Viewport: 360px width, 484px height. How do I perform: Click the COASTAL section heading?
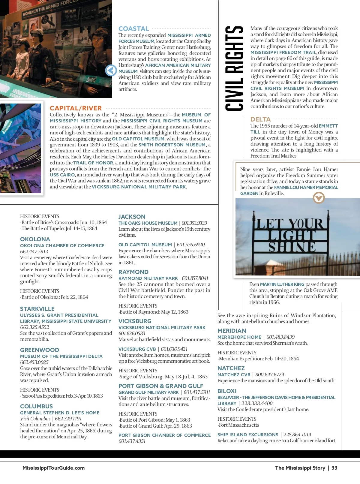pyautogui.click(x=133, y=29)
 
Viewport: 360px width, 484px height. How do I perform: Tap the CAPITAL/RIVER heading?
pyautogui.click(x=76, y=108)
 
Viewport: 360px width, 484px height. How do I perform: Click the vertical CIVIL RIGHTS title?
pyautogui.click(x=234, y=68)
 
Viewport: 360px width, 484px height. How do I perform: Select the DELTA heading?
pyautogui.click(x=260, y=119)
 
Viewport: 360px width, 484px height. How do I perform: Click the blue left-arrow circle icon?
pyautogui.click(x=111, y=71)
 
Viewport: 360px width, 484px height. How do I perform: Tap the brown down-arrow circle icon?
pyautogui.click(x=319, y=198)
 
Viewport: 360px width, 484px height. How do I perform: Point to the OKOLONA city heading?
pyautogui.click(x=35, y=239)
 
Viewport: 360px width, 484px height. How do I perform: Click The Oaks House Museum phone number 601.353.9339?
pyautogui.click(x=194, y=223)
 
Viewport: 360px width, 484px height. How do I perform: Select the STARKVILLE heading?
pyautogui.click(x=37, y=309)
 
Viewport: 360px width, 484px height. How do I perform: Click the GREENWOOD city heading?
pyautogui.click(x=40, y=350)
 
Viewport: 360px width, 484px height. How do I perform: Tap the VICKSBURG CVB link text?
pyautogui.click(x=137, y=349)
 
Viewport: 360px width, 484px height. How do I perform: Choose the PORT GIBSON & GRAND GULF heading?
pyautogui.click(x=161, y=386)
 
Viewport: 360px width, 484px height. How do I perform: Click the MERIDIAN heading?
pyautogui.click(x=232, y=331)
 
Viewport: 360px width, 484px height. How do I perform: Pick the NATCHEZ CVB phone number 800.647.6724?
pyautogui.click(x=270, y=374)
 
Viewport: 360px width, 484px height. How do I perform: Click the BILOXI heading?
pyautogui.click(x=227, y=391)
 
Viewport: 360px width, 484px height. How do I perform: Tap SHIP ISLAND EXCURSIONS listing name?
pyautogui.click(x=248, y=434)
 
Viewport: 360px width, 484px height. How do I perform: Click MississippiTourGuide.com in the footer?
pyautogui.click(x=53, y=468)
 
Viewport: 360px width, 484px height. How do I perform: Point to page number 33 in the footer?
pyautogui.click(x=334, y=468)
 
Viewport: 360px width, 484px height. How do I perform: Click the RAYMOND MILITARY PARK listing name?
pyautogui.click(x=148, y=278)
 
